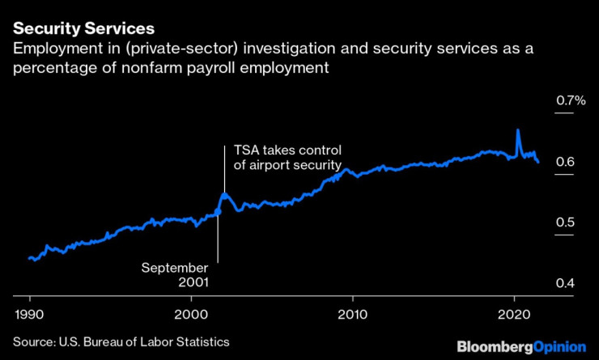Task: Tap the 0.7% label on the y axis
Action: (x=570, y=101)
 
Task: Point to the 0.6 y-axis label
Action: (x=565, y=163)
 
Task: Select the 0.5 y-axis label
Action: (x=565, y=223)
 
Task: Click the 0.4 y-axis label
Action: (x=565, y=284)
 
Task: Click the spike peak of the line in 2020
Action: (x=518, y=130)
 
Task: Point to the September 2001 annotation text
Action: (x=175, y=275)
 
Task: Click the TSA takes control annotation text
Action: (x=288, y=158)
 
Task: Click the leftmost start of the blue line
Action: (x=29, y=258)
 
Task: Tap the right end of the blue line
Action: (x=538, y=162)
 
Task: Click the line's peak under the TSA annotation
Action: (x=224, y=193)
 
